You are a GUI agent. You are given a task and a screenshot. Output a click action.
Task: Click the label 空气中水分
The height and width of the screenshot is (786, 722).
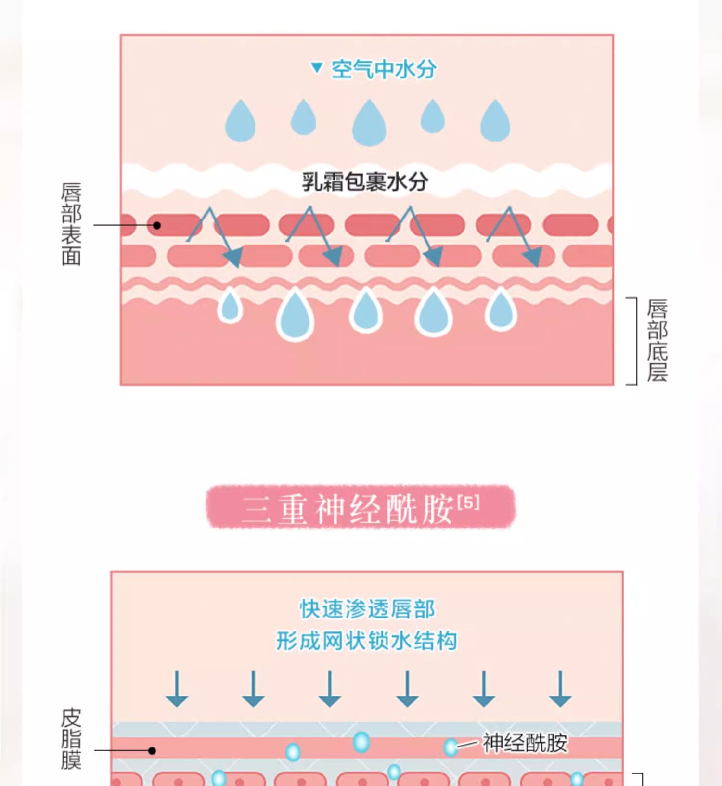click(x=383, y=69)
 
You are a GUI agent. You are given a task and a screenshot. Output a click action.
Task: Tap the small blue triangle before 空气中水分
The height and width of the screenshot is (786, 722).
click(x=316, y=67)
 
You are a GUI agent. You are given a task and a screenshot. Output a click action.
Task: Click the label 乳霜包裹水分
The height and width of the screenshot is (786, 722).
click(x=365, y=182)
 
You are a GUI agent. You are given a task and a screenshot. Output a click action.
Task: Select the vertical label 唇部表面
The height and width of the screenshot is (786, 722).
click(x=71, y=224)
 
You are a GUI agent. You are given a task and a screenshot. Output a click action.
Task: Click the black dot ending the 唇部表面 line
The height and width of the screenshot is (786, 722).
click(x=157, y=225)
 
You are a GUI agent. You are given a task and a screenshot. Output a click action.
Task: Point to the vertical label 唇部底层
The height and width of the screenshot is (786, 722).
click(x=657, y=340)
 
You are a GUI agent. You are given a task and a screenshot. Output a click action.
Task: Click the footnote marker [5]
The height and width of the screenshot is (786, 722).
click(x=468, y=503)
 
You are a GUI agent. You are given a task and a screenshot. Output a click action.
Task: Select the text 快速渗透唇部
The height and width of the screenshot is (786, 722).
click(x=367, y=609)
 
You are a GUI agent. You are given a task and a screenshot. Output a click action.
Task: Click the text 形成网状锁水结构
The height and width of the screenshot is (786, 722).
click(x=366, y=641)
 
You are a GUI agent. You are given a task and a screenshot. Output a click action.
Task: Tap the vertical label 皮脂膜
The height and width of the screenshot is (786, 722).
click(x=71, y=738)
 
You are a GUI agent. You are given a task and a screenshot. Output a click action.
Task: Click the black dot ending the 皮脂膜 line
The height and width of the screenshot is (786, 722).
click(x=152, y=750)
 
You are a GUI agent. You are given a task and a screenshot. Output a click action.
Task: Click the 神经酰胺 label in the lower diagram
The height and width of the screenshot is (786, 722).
click(x=525, y=743)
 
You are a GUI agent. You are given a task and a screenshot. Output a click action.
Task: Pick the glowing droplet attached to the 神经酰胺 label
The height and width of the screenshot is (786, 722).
click(x=451, y=747)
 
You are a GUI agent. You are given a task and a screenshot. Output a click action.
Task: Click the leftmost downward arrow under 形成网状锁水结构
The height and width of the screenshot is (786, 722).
click(x=177, y=689)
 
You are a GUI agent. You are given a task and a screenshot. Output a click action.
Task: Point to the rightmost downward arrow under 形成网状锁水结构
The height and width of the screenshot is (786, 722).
click(x=560, y=689)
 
